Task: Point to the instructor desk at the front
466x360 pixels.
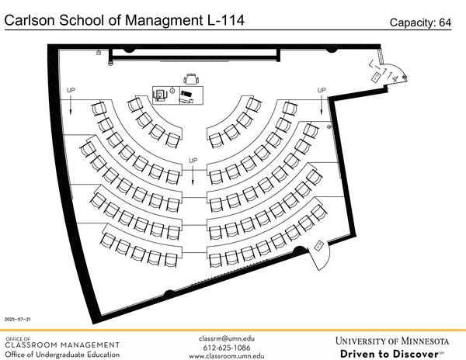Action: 178,94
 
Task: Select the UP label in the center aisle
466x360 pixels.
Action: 193,161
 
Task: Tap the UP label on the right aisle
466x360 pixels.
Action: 322,91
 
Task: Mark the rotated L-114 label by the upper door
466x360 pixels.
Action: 386,72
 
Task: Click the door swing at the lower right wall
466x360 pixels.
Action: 322,258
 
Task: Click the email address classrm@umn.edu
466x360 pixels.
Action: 227,338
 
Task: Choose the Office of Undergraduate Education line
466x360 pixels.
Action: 62,355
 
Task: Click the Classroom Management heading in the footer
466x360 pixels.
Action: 62,344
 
